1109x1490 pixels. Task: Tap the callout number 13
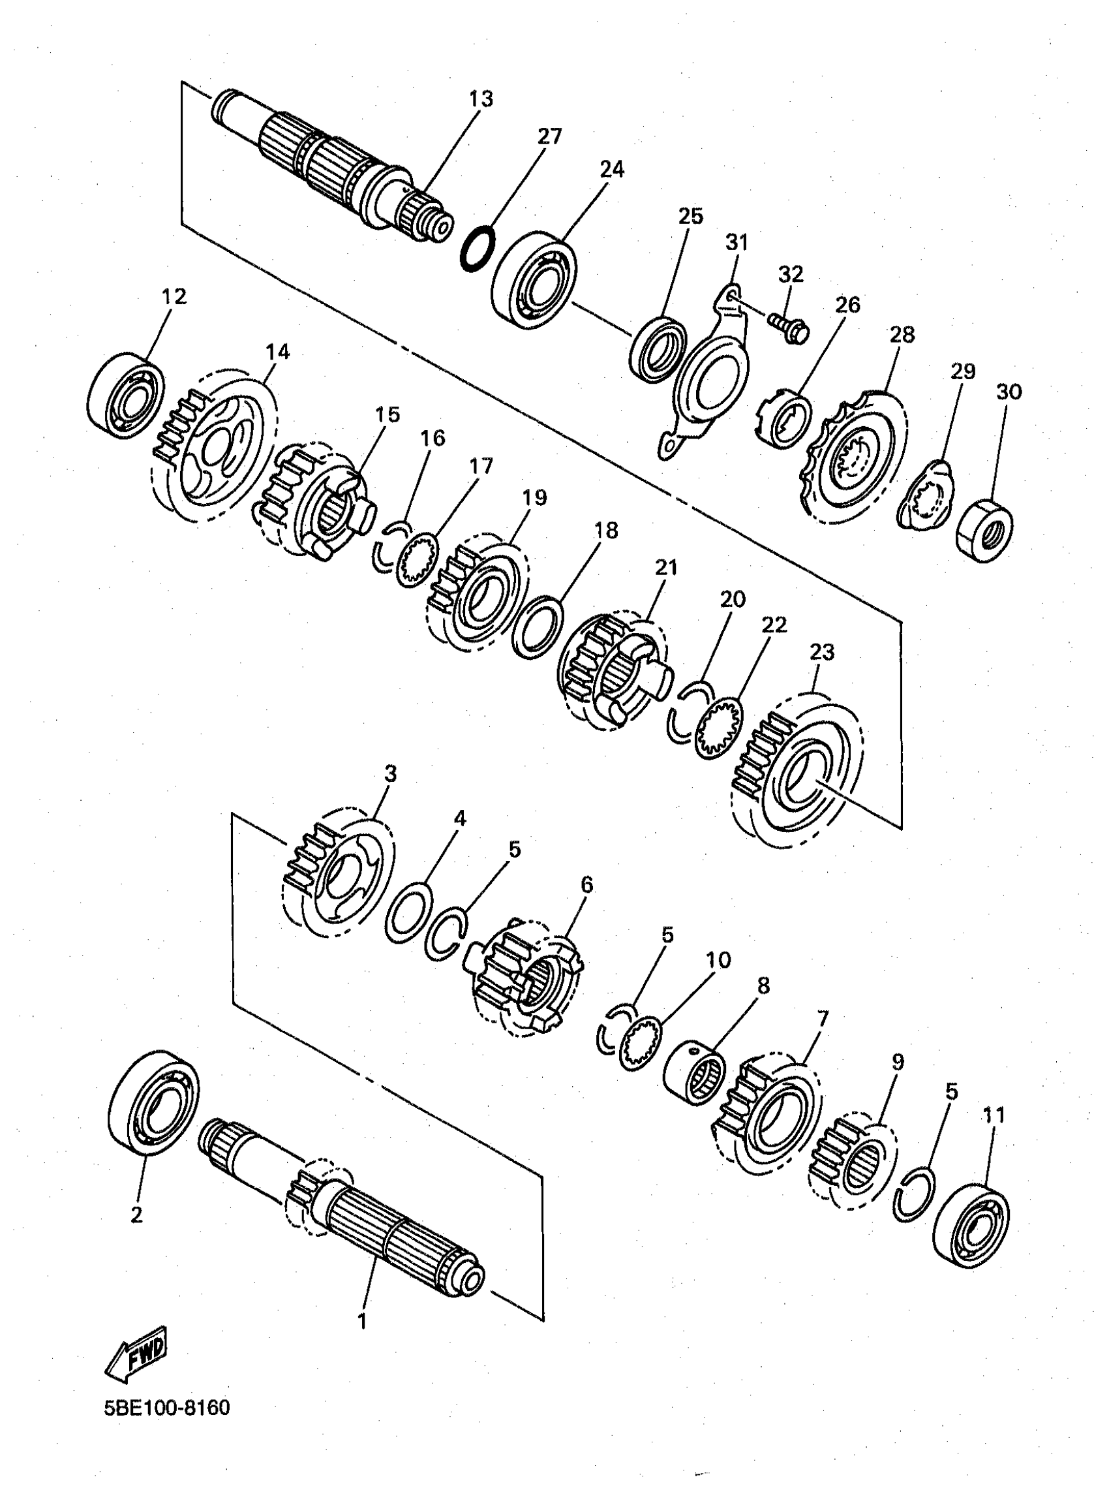pyautogui.click(x=481, y=99)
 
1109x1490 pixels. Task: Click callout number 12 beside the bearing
pyautogui.click(x=174, y=296)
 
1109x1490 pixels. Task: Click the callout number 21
pyautogui.click(x=666, y=567)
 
